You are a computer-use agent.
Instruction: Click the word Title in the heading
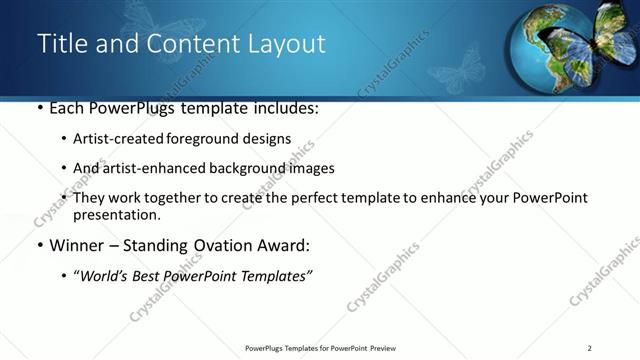click(59, 44)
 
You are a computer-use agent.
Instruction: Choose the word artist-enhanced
click(146, 168)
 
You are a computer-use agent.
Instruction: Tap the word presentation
click(116, 214)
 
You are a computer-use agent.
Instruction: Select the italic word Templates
click(274, 277)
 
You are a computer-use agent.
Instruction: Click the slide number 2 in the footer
click(590, 348)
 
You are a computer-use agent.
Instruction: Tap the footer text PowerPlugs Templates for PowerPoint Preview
click(320, 348)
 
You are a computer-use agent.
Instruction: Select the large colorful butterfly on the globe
click(604, 38)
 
